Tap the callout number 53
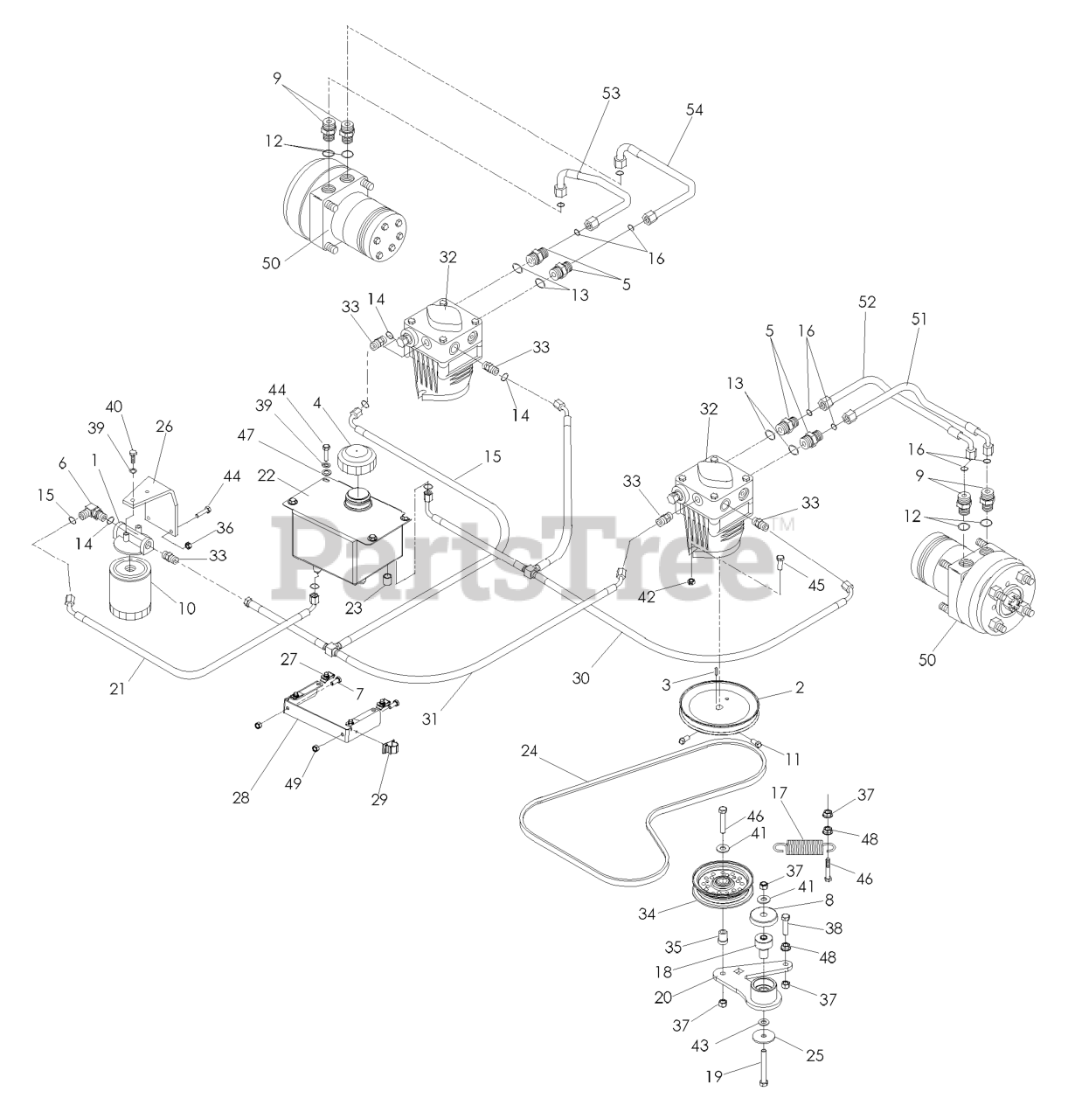611,94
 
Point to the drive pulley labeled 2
720,703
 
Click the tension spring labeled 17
804,847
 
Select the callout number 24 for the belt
530,750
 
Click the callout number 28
241,797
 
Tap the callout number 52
866,302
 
